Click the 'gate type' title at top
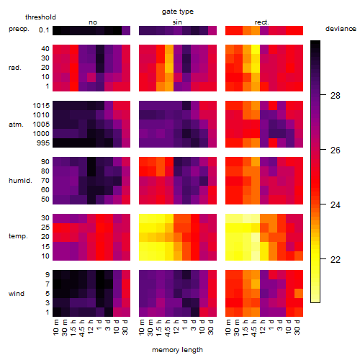pos(178,12)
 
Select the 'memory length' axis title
pos(177,350)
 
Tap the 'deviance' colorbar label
pos(341,29)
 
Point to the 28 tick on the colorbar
pos(336,96)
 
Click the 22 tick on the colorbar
pos(336,259)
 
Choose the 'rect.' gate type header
pos(262,22)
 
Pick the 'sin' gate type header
pos(177,22)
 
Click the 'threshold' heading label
pos(40,17)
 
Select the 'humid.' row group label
pos(20,181)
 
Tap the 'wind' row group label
pos(17,294)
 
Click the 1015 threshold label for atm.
pos(41,106)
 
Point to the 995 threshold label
pos(43,143)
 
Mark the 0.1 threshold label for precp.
pos(44,30)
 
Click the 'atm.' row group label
pos(16,125)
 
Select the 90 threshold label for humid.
pos(45,162)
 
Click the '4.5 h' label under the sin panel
pos(168,328)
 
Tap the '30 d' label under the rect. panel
pos(297,327)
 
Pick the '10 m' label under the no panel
pos(55,328)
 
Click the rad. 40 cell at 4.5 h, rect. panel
pos(256,49)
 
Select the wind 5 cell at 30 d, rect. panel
pos(299,293)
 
